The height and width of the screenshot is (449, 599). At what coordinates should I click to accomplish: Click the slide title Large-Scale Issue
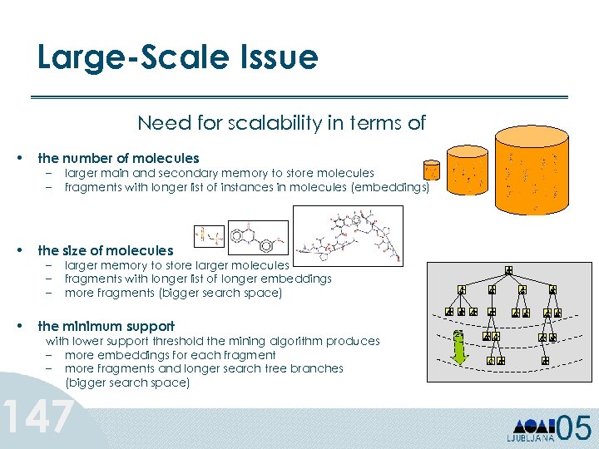point(177,57)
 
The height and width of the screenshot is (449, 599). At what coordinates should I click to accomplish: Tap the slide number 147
point(38,417)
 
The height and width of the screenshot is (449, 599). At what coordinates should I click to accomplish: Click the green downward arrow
point(457,348)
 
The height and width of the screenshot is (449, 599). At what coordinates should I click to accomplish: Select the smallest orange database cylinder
point(431,172)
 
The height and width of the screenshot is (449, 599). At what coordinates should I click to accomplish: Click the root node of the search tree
point(507,271)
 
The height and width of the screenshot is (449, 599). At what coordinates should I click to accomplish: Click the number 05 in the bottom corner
point(573,427)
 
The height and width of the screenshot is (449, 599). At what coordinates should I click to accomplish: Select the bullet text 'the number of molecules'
point(118,158)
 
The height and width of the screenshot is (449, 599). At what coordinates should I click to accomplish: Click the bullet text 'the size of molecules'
point(106,250)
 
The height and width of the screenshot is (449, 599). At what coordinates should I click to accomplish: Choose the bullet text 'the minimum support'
point(106,326)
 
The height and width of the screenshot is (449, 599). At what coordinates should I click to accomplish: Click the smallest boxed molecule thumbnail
point(208,237)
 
